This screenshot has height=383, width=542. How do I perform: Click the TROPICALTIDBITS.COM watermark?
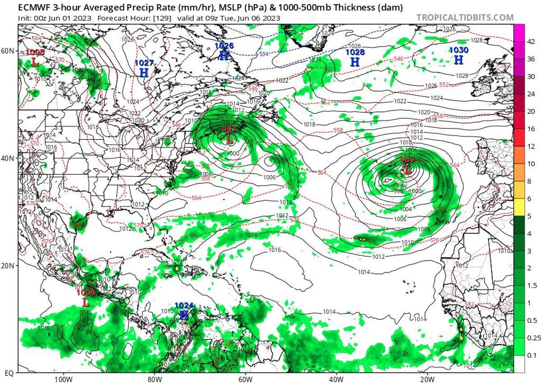click(465, 18)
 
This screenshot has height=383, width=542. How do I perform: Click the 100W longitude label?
click(63, 379)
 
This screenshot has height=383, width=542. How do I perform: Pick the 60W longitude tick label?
click(245, 379)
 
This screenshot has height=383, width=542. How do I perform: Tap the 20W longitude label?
click(427, 379)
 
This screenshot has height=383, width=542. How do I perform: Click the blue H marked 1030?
click(458, 59)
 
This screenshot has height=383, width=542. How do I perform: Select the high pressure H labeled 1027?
click(144, 72)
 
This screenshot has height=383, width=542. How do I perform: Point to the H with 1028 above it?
click(355, 61)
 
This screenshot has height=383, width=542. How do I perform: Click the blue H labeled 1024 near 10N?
click(184, 314)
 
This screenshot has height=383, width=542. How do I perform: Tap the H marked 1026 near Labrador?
click(224, 55)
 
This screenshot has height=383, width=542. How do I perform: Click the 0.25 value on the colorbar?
click(530, 337)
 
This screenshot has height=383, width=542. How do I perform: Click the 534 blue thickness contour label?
click(264, 54)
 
